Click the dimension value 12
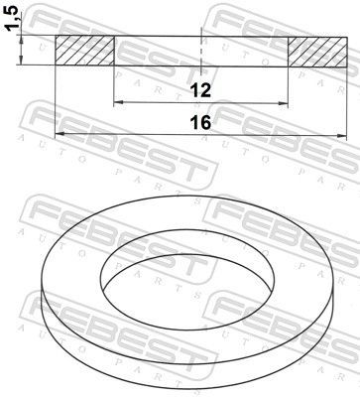(201, 90)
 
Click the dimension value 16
(201, 122)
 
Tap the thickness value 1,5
(11, 20)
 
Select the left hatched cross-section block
(84, 51)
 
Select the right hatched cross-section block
(318, 51)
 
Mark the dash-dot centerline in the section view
(201, 50)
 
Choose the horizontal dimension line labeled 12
(159, 102)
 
